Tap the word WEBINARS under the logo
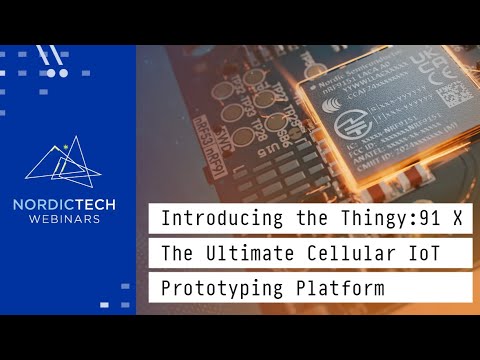[x=64, y=219]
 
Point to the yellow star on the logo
[x=65, y=146]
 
